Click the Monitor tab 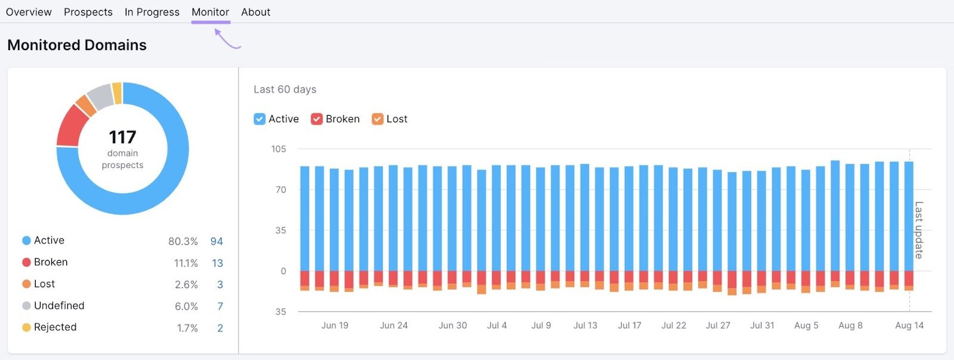click(x=210, y=12)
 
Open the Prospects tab click(x=88, y=12)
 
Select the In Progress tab click(x=151, y=12)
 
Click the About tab click(x=255, y=12)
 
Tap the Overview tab click(x=29, y=12)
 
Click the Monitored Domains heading click(x=77, y=45)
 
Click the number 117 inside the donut click(x=122, y=137)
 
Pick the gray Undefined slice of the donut click(x=100, y=96)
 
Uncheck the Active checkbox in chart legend click(x=259, y=119)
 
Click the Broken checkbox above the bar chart click(x=317, y=119)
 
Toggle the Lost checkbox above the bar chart click(x=377, y=119)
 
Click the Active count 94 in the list click(x=216, y=241)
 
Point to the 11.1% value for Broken click(x=185, y=263)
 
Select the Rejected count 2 click(x=220, y=328)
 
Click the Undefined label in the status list click(x=59, y=306)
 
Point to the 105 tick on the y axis click(x=278, y=149)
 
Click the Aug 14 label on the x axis click(x=909, y=325)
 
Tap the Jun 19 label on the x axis click(x=334, y=325)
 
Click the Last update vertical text click(x=918, y=230)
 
